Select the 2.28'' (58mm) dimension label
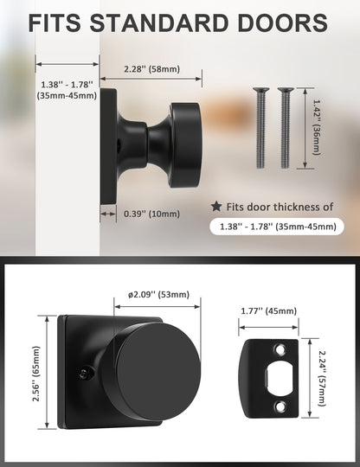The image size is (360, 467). (152, 69)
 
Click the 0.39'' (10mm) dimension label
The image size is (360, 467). (151, 214)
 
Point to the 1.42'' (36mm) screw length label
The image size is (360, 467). (316, 127)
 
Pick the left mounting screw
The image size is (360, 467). (260, 128)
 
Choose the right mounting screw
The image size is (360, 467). (286, 128)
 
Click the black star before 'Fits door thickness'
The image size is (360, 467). (216, 206)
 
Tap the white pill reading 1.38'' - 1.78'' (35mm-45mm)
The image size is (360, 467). (277, 227)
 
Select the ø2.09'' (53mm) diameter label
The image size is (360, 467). (159, 295)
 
